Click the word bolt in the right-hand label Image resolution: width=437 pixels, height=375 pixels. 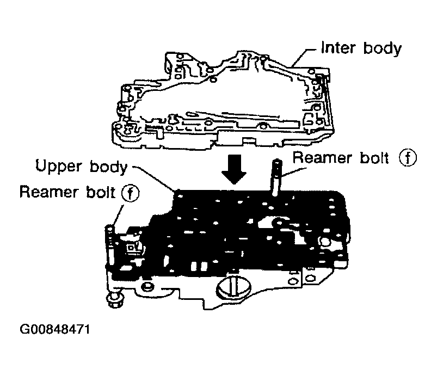[374, 158]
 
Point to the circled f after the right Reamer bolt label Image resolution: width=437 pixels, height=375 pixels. [407, 158]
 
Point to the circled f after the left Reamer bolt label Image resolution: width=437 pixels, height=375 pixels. [129, 193]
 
